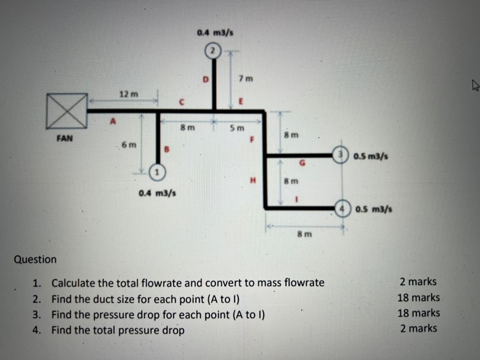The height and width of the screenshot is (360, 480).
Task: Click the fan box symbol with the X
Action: [67, 112]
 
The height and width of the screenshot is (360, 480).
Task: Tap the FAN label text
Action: [64, 138]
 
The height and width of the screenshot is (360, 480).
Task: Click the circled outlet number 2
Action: [213, 51]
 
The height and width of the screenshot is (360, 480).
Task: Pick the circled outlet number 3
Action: [340, 154]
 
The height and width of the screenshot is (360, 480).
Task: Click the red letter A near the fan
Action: [112, 121]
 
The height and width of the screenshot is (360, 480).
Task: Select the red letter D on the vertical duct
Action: [205, 79]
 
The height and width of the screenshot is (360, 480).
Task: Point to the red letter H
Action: [253, 180]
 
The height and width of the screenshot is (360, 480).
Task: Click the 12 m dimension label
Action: [129, 94]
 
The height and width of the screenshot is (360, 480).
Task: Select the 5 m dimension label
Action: [237, 128]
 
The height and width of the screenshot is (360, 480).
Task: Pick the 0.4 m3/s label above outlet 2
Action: [215, 33]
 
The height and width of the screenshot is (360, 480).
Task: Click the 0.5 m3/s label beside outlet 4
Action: [373, 209]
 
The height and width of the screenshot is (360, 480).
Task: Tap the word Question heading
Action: [35, 259]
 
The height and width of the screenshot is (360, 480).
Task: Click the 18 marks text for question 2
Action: [418, 298]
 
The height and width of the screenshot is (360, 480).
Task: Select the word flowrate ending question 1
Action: [304, 282]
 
